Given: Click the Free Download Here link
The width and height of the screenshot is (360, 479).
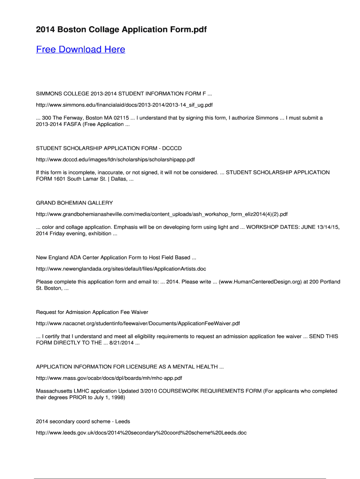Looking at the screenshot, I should (80, 50).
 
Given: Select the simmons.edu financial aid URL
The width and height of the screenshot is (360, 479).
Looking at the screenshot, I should (124, 105).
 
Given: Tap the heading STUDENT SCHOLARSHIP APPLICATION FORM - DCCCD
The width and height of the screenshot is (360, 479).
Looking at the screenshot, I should (109, 148).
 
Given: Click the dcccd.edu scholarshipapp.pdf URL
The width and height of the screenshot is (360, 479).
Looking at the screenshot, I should (115, 160).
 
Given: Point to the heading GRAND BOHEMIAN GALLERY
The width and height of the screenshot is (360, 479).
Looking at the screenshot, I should (74, 203).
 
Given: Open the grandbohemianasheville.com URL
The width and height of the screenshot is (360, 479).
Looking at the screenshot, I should (162, 214).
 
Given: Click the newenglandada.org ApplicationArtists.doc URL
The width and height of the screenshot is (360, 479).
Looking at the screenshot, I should (121, 269).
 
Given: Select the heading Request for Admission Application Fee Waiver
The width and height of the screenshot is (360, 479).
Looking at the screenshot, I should (92, 312).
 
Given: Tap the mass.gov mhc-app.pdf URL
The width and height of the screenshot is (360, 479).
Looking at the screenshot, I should (109, 378).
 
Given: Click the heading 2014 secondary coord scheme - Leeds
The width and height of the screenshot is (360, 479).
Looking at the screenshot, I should (83, 421).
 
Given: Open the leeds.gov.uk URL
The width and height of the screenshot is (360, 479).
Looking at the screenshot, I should (141, 433).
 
